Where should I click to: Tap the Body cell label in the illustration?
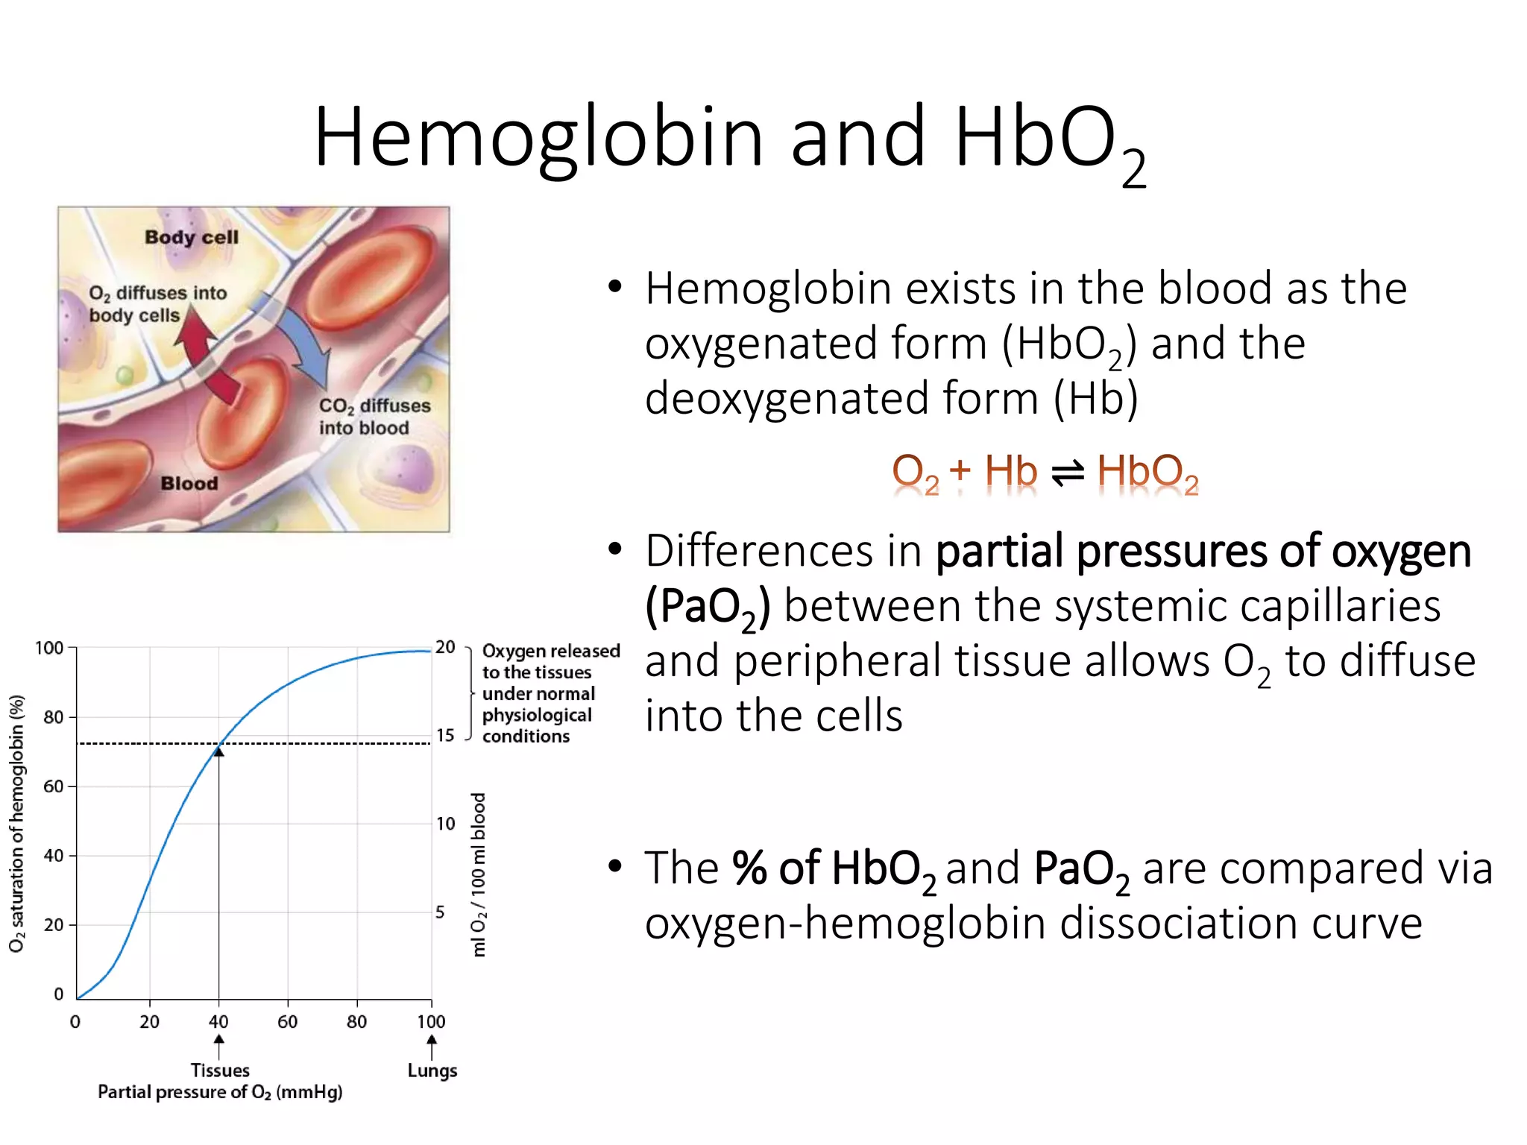(x=192, y=237)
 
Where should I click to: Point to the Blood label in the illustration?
(x=189, y=484)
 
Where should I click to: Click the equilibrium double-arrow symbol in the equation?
(x=1067, y=473)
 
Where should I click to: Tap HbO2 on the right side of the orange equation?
(x=1147, y=473)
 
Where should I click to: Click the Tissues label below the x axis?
(x=220, y=1070)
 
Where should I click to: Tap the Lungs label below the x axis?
(x=432, y=1070)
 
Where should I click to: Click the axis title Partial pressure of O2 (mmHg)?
(x=220, y=1093)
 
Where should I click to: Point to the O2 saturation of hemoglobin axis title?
(x=16, y=824)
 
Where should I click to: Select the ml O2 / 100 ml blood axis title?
(x=479, y=874)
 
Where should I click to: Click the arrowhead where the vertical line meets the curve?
(x=218, y=751)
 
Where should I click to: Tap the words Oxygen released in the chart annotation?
(x=551, y=651)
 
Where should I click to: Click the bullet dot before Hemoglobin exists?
(x=614, y=287)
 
